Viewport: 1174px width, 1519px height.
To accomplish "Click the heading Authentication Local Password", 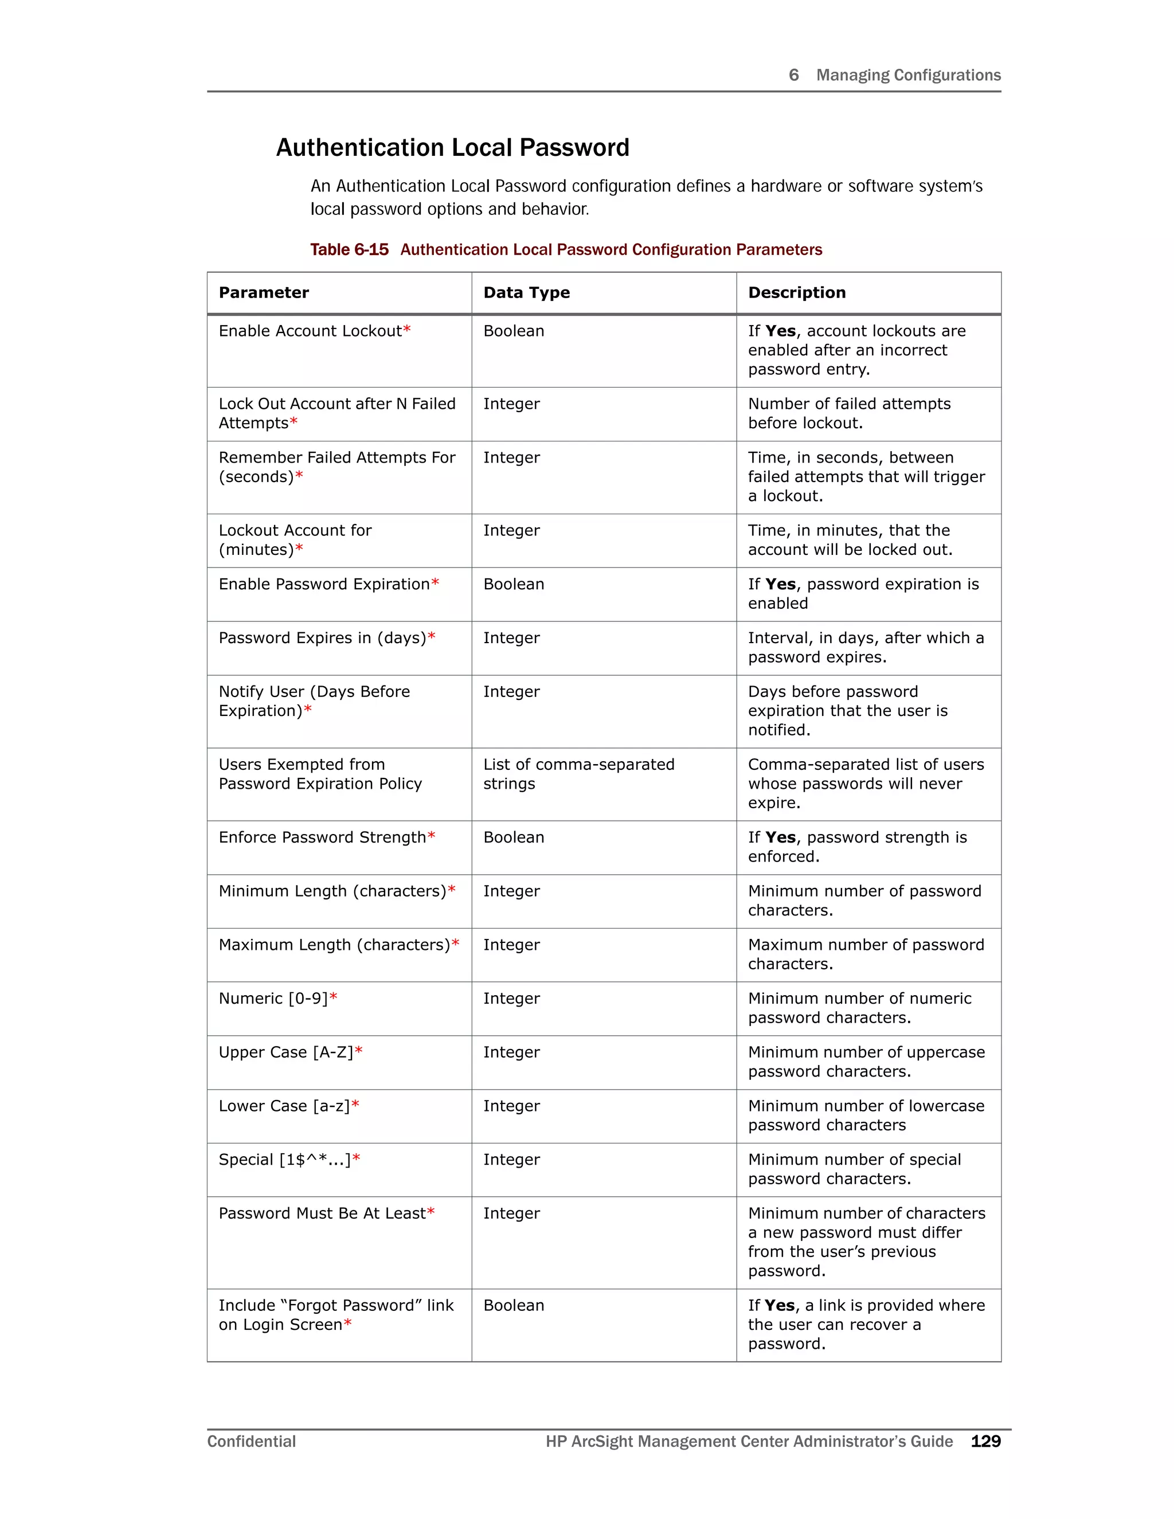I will [452, 147].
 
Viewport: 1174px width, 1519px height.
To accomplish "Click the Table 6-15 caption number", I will [349, 250].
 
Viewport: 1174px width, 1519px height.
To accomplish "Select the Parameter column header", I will [264, 293].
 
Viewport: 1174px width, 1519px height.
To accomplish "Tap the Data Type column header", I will [526, 293].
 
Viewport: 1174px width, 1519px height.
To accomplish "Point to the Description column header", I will [796, 293].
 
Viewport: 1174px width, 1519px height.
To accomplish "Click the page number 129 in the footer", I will [985, 1441].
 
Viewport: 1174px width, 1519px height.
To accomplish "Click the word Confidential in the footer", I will [251, 1441].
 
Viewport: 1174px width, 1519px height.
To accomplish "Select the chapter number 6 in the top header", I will [793, 75].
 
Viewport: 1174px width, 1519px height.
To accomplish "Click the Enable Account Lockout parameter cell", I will [310, 331].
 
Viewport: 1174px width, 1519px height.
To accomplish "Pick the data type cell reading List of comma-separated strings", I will [578, 773].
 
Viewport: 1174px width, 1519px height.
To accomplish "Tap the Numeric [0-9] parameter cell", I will [273, 999].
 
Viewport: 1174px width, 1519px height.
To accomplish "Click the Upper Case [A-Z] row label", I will [286, 1052].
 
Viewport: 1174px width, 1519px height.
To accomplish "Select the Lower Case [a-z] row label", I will [284, 1106].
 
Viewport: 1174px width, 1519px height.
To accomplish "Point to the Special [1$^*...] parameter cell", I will [284, 1160].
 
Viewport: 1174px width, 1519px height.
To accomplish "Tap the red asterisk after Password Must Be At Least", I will [431, 1213].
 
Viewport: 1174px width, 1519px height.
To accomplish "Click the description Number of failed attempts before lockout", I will [848, 413].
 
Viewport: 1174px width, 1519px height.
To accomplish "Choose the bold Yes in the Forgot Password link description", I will [779, 1305].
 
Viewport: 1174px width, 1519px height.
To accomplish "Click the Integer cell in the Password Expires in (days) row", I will [511, 638].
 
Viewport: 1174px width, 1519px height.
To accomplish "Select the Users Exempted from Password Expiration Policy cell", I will [320, 773].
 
